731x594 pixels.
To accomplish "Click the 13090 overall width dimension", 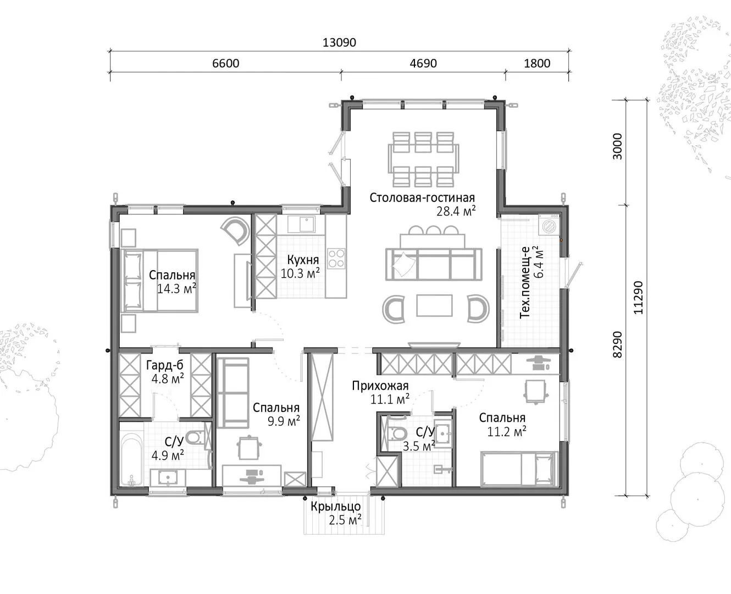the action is [339, 42].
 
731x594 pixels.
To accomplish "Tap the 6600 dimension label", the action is [225, 63].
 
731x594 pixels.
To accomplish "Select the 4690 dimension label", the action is [423, 63].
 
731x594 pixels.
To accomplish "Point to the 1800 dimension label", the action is [537, 63].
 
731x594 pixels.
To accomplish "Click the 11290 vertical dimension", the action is [638, 298].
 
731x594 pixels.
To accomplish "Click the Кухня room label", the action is [303, 260].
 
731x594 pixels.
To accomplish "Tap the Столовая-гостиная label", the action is [422, 198].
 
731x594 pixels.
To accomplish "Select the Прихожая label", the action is [380, 386].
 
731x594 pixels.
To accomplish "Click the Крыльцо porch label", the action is [336, 507].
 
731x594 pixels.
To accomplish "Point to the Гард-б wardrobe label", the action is [165, 365].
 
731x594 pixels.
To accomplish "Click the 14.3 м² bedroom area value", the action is [176, 289].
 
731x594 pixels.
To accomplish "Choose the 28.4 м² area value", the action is [456, 211].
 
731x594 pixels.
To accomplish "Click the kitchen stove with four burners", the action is [336, 258].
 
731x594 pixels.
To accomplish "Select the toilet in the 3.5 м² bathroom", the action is [396, 433].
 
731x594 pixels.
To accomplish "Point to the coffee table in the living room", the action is [434, 305].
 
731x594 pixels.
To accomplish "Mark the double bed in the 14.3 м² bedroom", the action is [159, 281].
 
